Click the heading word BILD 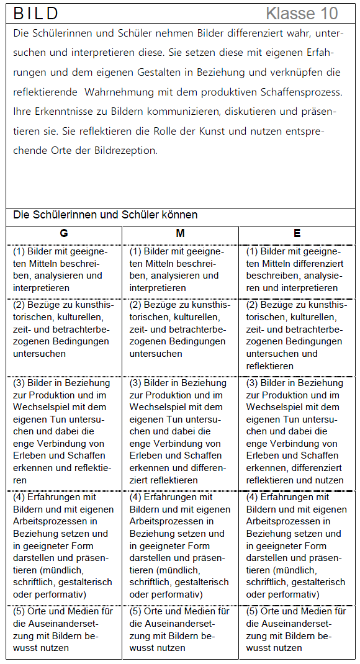click(36, 13)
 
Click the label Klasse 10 click(302, 13)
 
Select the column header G click(64, 233)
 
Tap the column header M click(180, 233)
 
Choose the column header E click(297, 233)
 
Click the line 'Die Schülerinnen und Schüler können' click(106, 215)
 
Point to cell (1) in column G click(64, 269)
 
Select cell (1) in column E click(297, 269)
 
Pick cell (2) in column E click(297, 335)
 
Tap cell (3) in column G click(64, 431)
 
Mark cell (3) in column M click(180, 431)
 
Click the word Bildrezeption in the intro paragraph click(126, 150)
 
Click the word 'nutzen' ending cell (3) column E click(330, 480)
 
